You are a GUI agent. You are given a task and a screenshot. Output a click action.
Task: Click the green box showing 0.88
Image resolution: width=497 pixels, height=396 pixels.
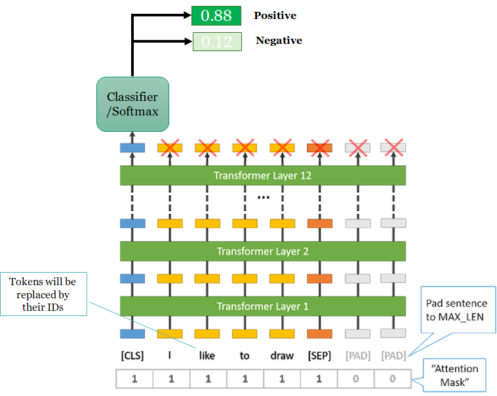tap(216, 16)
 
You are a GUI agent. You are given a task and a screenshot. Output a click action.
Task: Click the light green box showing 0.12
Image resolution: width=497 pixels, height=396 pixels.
tap(216, 41)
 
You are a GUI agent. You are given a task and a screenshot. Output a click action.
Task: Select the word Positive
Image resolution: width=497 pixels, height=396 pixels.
tap(275, 15)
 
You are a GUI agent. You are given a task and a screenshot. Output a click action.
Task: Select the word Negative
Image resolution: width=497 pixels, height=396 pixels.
tap(279, 41)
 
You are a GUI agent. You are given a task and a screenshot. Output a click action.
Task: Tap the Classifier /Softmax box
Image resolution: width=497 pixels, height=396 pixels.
tap(132, 105)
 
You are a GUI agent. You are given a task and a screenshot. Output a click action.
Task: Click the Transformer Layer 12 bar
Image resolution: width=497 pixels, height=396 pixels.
tap(263, 176)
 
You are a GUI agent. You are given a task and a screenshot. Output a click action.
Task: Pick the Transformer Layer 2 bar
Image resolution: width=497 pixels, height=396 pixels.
tap(263, 251)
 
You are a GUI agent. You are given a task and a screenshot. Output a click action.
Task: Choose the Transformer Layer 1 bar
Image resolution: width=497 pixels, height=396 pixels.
tap(263, 306)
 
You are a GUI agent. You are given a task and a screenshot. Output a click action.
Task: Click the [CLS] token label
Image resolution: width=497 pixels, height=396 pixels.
tap(132, 356)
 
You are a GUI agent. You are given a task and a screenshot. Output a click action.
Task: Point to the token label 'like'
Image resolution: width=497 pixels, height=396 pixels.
tap(207, 356)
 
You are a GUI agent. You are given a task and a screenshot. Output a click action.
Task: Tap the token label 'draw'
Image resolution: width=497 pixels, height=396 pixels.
tap(281, 356)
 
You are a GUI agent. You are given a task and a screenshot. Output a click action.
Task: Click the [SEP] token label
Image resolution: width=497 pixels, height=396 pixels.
tap(319, 356)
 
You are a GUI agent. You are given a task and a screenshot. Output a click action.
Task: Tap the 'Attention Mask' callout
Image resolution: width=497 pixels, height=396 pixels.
tap(459, 373)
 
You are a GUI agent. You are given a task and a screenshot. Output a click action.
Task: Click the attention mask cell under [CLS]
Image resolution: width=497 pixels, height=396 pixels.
tap(134, 378)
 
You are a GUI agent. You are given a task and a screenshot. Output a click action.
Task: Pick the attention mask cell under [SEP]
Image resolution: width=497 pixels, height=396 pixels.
tap(319, 378)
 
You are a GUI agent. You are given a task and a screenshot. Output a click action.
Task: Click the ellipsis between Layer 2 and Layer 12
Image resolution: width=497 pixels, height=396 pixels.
tap(263, 196)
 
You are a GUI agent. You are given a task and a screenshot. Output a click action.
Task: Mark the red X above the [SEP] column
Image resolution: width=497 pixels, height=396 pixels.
tap(319, 148)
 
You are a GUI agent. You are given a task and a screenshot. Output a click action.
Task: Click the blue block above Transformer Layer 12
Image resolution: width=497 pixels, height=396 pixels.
tap(132, 149)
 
